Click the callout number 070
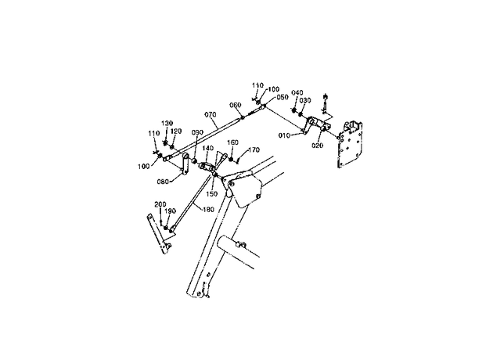pyautogui.click(x=211, y=115)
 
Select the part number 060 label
pyautogui.click(x=236, y=105)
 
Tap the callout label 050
pyautogui.click(x=282, y=97)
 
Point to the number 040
pyautogui.click(x=297, y=92)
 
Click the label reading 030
pyautogui.click(x=305, y=100)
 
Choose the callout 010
pyautogui.click(x=285, y=135)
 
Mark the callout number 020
pyautogui.click(x=318, y=146)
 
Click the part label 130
pyautogui.click(x=167, y=123)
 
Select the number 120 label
pyautogui.click(x=176, y=131)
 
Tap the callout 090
pyautogui.click(x=197, y=132)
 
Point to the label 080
pyautogui.click(x=163, y=182)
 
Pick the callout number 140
pyautogui.click(x=208, y=148)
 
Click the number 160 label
pyautogui.click(x=232, y=142)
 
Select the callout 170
pyautogui.click(x=254, y=150)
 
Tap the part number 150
pyautogui.click(x=211, y=194)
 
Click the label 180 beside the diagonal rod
pyautogui.click(x=208, y=210)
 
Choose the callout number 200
pyautogui.click(x=160, y=205)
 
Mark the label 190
pyautogui.click(x=170, y=211)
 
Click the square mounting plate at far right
pyautogui.click(x=350, y=144)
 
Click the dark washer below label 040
pyautogui.click(x=293, y=110)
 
